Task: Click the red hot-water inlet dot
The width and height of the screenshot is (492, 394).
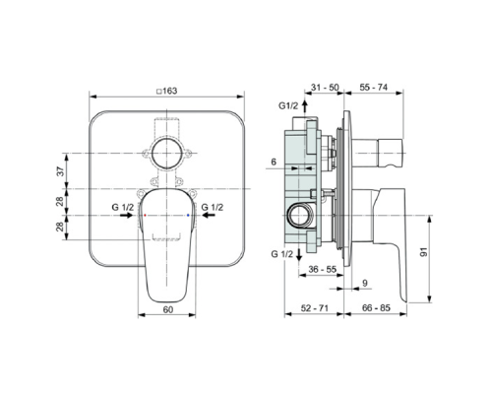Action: coord(145,214)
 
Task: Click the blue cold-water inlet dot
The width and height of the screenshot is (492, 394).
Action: coord(187,214)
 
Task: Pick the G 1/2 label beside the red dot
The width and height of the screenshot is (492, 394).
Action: coord(125,208)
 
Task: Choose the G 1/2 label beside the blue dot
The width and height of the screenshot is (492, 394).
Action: coord(213,208)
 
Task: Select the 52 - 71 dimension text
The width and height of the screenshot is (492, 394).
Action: coord(316,309)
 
